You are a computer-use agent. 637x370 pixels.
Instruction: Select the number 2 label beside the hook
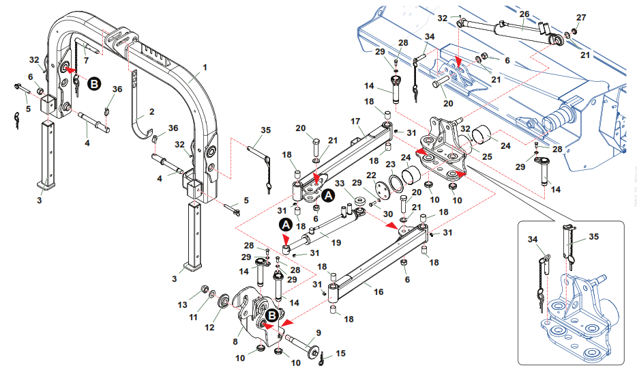click(151, 111)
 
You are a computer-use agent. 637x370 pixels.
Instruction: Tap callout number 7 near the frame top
click(86, 60)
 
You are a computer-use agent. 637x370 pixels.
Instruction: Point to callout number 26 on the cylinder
click(524, 13)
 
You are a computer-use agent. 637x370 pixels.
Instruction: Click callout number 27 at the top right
click(580, 16)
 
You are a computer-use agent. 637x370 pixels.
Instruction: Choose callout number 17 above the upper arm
click(355, 121)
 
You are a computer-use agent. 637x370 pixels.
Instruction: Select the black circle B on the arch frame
click(95, 84)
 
